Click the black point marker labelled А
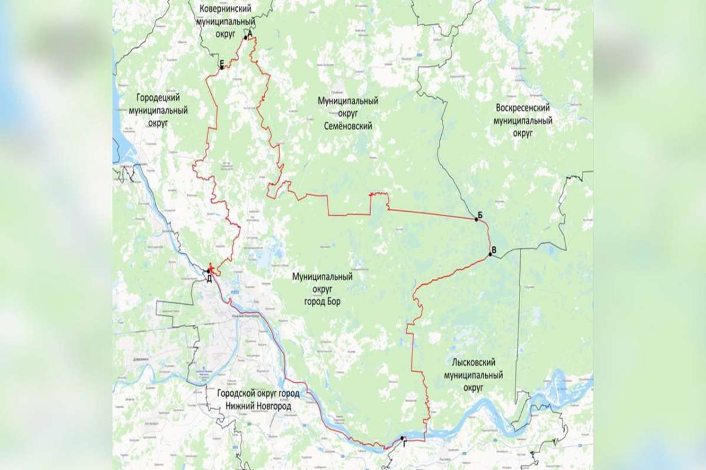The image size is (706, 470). click(x=246, y=38)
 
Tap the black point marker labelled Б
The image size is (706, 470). click(x=476, y=219)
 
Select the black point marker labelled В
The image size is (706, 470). click(x=490, y=254)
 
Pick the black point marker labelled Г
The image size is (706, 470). click(x=401, y=438)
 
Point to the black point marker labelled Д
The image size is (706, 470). click(x=208, y=271)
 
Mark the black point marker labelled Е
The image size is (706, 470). click(x=222, y=68)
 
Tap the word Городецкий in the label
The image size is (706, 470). click(x=157, y=98)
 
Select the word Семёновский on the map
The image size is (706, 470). click(x=348, y=126)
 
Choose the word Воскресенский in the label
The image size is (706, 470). click(x=523, y=109)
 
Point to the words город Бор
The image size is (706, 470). click(x=322, y=302)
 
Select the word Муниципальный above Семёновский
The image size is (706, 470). click(x=348, y=102)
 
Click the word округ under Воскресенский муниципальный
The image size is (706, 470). click(x=523, y=134)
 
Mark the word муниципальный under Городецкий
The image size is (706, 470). click(x=157, y=110)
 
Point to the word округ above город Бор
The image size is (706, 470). click(x=322, y=289)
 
